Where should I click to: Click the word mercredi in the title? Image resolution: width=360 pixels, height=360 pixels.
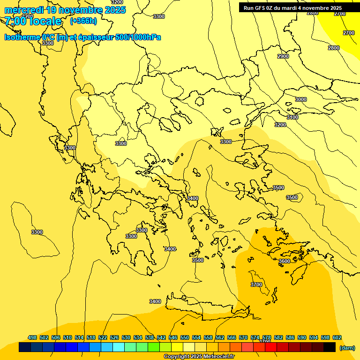pyautogui.click(x=23, y=10)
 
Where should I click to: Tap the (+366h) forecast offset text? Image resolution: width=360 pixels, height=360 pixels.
pyautogui.click(x=83, y=21)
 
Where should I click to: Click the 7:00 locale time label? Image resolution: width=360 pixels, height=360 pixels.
pyautogui.click(x=33, y=21)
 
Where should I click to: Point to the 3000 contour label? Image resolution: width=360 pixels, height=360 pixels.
pyautogui.click(x=301, y=99)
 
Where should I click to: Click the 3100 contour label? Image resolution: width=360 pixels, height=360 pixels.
pyautogui.click(x=292, y=117)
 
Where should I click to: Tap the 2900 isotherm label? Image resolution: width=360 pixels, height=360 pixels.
pyautogui.click(x=283, y=56)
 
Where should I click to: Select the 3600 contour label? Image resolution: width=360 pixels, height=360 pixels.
pyautogui.click(x=284, y=261)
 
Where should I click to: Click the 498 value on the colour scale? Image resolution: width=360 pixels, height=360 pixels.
pyautogui.click(x=32, y=337)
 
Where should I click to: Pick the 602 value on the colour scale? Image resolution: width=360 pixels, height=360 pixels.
pyautogui.click(x=337, y=337)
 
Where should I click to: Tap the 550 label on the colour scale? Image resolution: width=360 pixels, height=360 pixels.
pyautogui.click(x=185, y=337)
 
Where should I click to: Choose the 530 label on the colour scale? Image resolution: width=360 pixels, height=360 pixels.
pyautogui.click(x=126, y=337)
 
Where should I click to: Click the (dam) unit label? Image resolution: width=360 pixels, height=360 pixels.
pyautogui.click(x=347, y=347)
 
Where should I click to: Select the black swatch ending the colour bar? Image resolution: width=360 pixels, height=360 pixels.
pyautogui.click(x=330, y=347)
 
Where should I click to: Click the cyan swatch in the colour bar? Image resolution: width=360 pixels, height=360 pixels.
pyautogui.click(x=119, y=347)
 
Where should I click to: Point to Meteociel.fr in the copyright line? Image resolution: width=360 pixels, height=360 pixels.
pyautogui.click(x=217, y=357)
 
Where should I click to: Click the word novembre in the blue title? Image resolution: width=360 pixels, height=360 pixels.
pyautogui.click(x=82, y=10)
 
